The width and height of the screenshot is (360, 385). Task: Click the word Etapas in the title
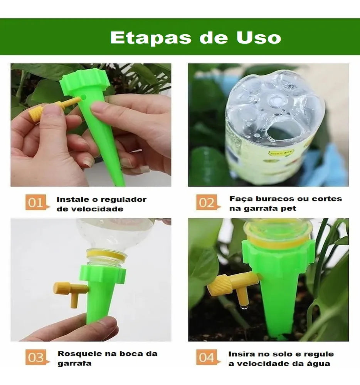150,38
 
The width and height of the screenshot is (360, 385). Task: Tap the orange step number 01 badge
37,203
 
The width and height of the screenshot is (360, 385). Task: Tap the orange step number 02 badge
207,203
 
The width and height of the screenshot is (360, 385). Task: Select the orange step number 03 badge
37,358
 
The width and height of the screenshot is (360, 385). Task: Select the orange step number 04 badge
207,358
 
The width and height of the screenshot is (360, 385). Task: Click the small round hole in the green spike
83,97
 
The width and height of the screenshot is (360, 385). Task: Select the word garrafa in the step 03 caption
74,363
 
